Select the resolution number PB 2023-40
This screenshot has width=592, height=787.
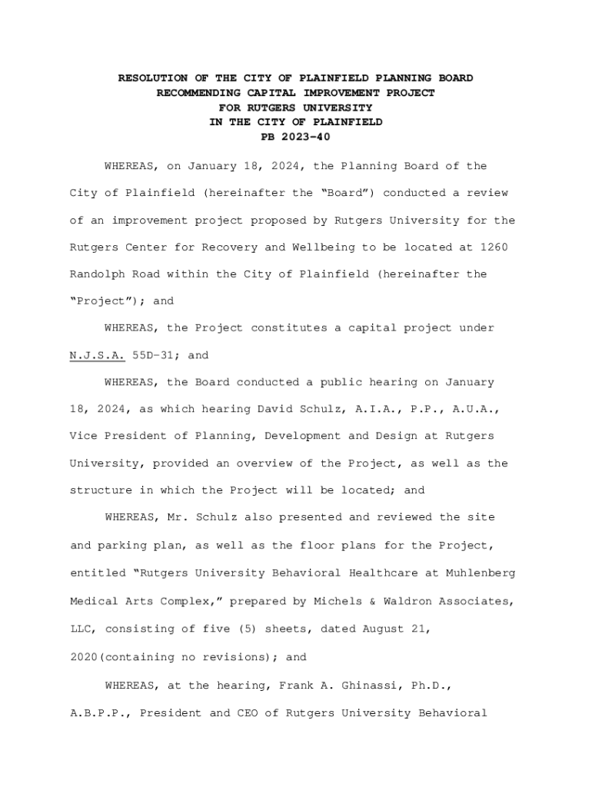point(296,137)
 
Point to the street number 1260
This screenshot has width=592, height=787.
point(494,247)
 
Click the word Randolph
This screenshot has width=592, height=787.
point(98,274)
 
